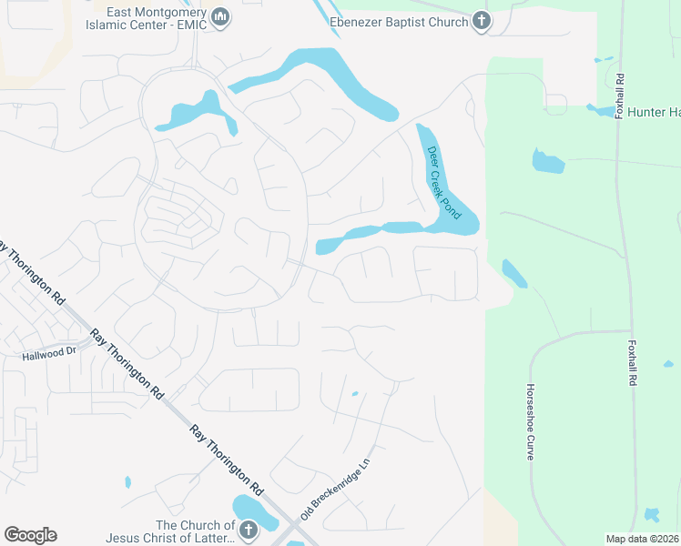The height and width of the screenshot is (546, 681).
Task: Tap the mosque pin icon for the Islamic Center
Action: (x=220, y=16)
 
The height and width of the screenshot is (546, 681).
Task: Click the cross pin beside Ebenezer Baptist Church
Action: (x=481, y=21)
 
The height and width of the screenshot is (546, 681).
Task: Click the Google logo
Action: (x=30, y=535)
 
